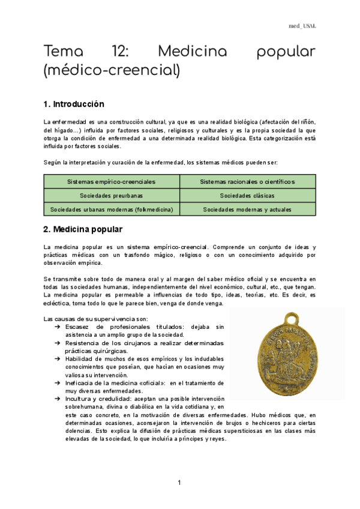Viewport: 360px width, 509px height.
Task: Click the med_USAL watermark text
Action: [302, 26]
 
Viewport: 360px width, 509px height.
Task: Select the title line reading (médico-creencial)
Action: [112, 71]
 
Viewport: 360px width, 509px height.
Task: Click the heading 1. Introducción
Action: [74, 104]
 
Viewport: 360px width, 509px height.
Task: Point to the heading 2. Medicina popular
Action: [83, 229]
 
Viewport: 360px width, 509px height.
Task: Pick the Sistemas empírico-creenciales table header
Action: [112, 181]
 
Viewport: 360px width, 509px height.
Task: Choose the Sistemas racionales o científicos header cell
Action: [247, 181]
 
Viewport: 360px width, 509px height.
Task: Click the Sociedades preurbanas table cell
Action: [112, 195]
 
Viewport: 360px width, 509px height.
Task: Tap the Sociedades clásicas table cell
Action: [247, 195]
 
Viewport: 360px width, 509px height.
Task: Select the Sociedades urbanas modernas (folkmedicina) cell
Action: [112, 209]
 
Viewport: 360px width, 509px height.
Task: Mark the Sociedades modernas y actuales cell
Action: [247, 209]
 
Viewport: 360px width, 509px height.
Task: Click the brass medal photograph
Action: [287, 354]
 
